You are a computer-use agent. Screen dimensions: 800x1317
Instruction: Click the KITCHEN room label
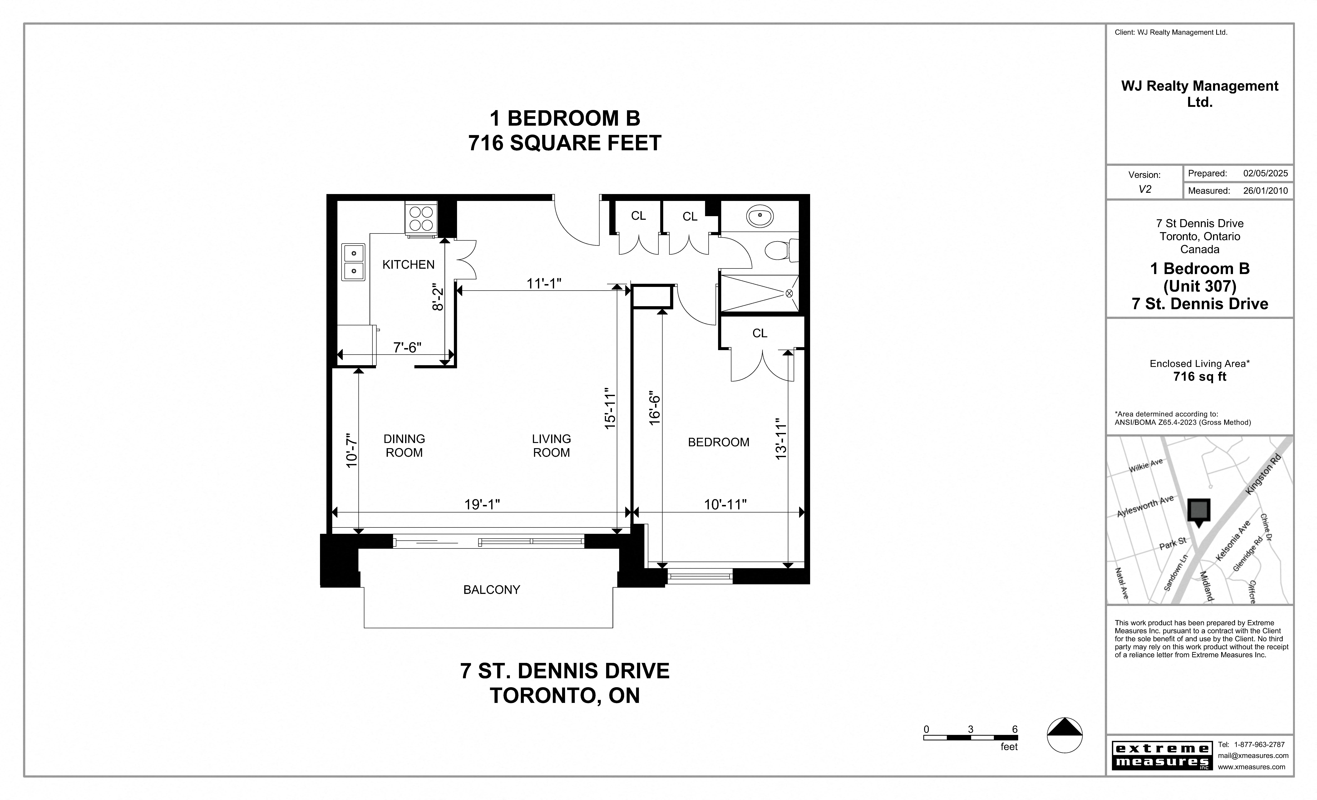coord(408,264)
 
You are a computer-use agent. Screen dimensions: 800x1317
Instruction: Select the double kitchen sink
coord(353,262)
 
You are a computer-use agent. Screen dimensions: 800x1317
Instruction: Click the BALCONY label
coord(491,589)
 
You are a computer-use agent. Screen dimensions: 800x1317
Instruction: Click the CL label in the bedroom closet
coord(759,333)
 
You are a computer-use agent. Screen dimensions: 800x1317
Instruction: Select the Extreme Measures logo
coord(1161,755)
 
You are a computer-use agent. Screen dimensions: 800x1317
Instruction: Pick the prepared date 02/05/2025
coord(1265,173)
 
